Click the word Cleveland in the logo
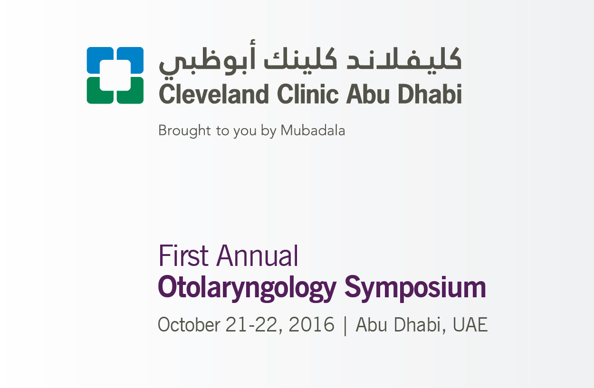point(214,94)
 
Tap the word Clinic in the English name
point(307,94)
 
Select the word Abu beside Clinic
point(368,94)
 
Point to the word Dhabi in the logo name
point(430,94)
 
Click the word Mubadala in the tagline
point(313,131)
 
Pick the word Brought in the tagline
point(184,131)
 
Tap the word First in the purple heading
point(183,256)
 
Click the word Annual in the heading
point(257,256)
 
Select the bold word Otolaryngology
point(247,288)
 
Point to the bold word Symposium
point(415,288)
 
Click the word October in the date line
point(189,324)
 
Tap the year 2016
point(311,324)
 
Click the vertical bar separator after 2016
point(345,326)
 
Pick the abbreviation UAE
point(470,324)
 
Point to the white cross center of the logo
point(115,75)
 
